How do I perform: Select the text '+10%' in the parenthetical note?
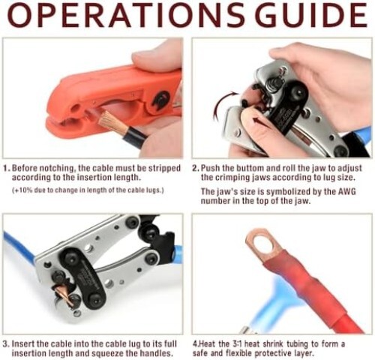(23, 192)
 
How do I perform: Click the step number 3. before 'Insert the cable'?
(7, 343)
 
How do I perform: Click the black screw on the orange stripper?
(159, 100)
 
